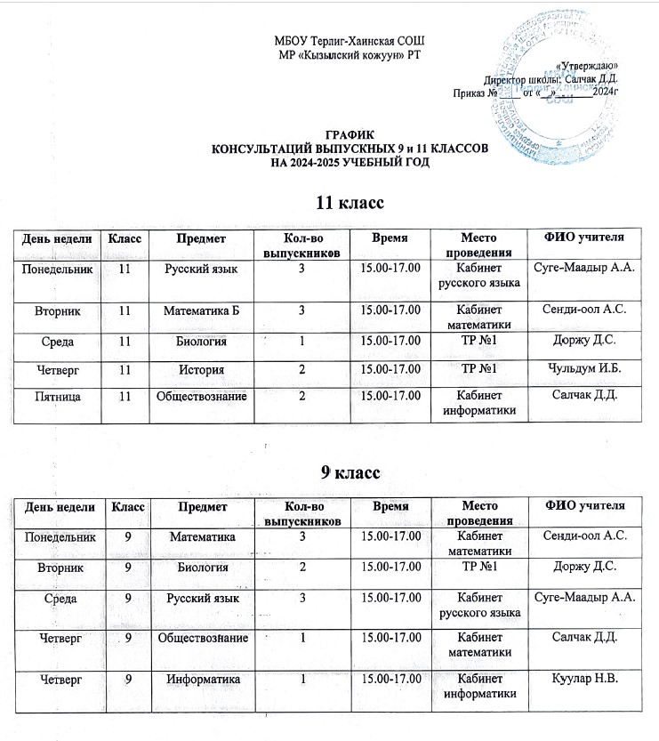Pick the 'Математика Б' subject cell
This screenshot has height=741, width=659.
(x=201, y=310)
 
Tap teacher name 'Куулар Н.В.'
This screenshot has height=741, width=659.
(x=585, y=679)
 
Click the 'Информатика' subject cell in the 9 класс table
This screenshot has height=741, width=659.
(x=201, y=679)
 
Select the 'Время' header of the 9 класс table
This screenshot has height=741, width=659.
(x=390, y=507)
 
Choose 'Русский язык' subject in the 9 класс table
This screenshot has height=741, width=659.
(x=201, y=598)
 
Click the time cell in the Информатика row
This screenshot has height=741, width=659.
(x=390, y=679)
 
